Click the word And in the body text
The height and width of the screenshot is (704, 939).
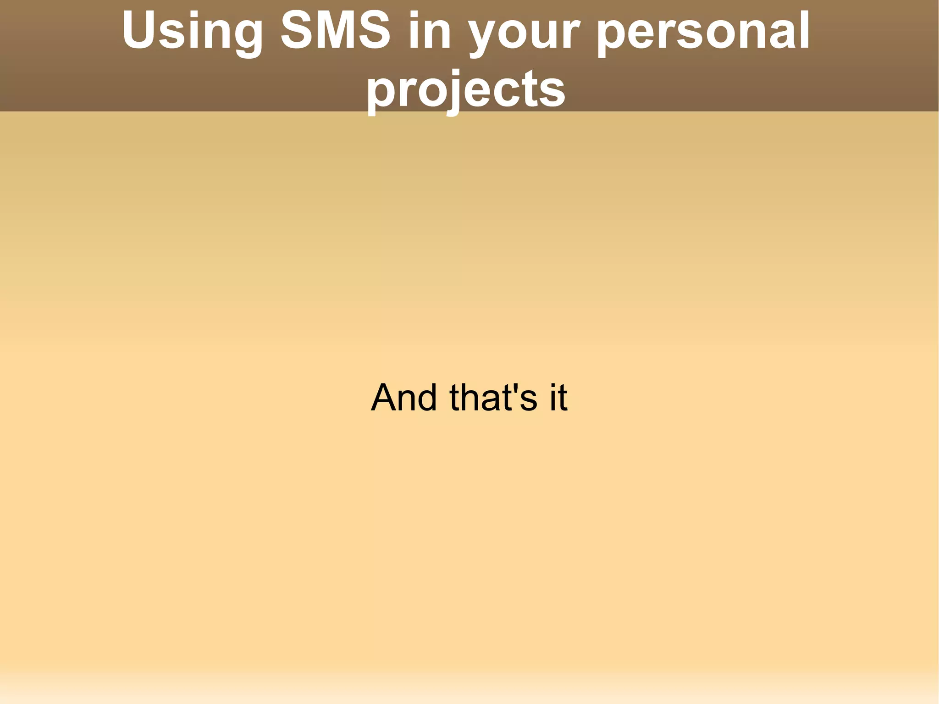[x=404, y=397]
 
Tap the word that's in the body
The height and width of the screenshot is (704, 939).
[x=493, y=397]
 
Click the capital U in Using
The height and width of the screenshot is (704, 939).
[x=139, y=30]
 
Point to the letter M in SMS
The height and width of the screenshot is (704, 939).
[x=336, y=30]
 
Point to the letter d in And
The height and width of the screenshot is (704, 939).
[x=426, y=397]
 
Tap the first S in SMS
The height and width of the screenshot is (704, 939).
[x=298, y=30]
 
